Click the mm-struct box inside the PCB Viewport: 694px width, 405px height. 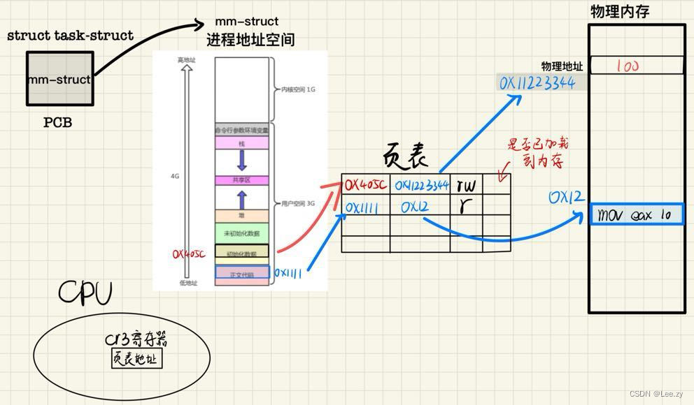click(59, 79)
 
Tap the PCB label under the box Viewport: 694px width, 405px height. click(57, 123)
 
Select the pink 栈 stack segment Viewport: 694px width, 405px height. click(241, 143)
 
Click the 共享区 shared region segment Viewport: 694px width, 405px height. click(241, 180)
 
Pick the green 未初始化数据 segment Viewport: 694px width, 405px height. click(241, 233)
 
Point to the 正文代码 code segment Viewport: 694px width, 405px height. click(241, 274)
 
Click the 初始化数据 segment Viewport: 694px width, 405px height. click(241, 253)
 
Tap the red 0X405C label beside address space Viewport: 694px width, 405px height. click(189, 255)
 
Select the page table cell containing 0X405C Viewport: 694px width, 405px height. click(364, 186)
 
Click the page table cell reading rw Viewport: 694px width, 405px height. click(465, 186)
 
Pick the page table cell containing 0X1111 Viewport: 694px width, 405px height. click(364, 207)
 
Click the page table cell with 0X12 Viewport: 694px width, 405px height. click(418, 207)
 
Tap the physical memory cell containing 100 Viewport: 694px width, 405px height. click(636, 66)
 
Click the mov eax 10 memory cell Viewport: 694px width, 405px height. click(636, 214)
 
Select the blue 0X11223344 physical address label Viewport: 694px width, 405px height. click(537, 83)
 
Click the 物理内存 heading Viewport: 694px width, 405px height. click(620, 12)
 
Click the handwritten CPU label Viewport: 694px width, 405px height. click(85, 294)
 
